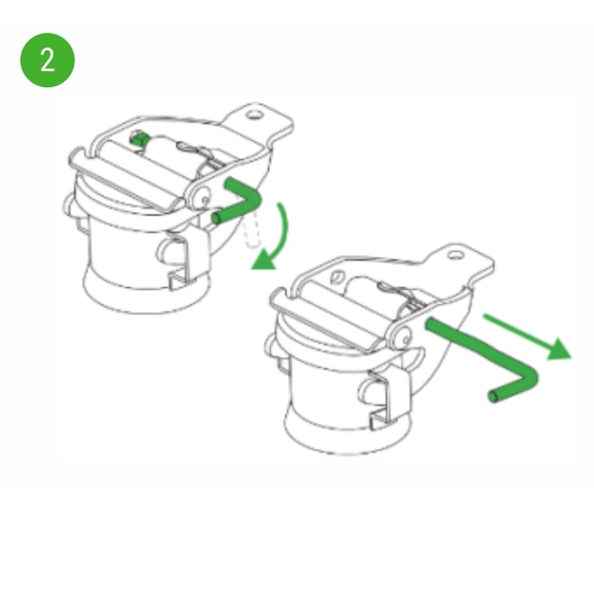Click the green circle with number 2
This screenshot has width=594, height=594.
click(48, 59)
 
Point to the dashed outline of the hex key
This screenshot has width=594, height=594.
click(252, 231)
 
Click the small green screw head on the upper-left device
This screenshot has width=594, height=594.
click(139, 139)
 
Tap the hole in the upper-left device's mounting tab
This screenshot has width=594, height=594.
click(253, 114)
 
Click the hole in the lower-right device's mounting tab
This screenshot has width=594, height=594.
click(455, 255)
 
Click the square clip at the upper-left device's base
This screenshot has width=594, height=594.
click(179, 279)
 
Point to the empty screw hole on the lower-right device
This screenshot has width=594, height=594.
click(337, 277)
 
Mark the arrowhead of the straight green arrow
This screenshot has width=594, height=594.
click(558, 348)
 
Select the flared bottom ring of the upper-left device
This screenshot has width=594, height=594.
click(147, 292)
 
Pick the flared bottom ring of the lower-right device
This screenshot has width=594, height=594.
click(347, 432)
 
